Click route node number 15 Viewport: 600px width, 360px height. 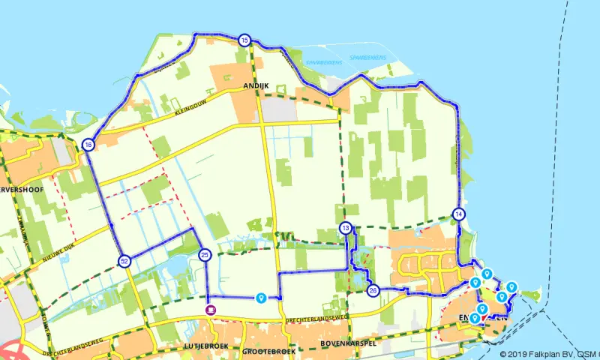coord(244,40)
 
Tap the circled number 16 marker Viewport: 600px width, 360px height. coord(88,145)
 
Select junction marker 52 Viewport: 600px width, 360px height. coord(124,261)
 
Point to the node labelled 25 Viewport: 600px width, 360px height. coord(205,255)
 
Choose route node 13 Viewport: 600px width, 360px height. coord(345,228)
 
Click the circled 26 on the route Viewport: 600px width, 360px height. coord(373,290)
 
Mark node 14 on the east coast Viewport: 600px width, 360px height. coord(459,214)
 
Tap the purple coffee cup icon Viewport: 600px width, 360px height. coord(211,309)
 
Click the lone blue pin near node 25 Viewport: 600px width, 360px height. coord(260,298)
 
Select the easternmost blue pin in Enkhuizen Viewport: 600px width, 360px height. coord(511,286)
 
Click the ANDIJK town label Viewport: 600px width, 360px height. coord(256,87)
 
